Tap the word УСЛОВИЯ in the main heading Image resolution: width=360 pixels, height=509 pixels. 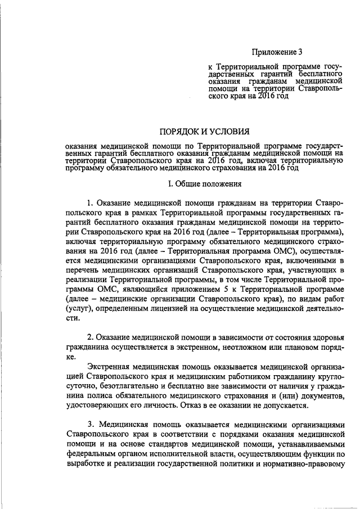[225, 132]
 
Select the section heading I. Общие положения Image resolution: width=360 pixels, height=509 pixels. [205, 183]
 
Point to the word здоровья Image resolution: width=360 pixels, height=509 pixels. [322, 336]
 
